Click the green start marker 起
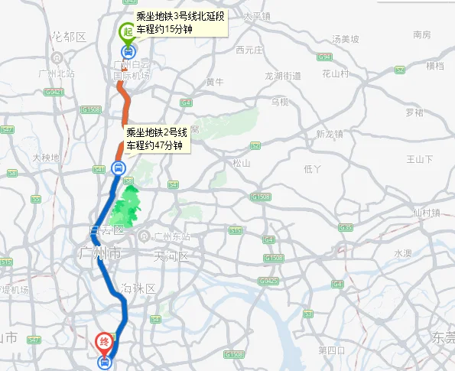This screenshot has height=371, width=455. point(127,33)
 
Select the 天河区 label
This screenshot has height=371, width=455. point(170,255)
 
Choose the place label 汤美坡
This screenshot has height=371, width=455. point(340,39)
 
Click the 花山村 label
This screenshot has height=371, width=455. point(335,73)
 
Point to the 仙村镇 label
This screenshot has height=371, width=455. point(427,213)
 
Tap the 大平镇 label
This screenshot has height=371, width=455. point(257,15)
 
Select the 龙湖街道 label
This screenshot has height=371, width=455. point(283,76)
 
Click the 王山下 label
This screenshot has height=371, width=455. point(419,159)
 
